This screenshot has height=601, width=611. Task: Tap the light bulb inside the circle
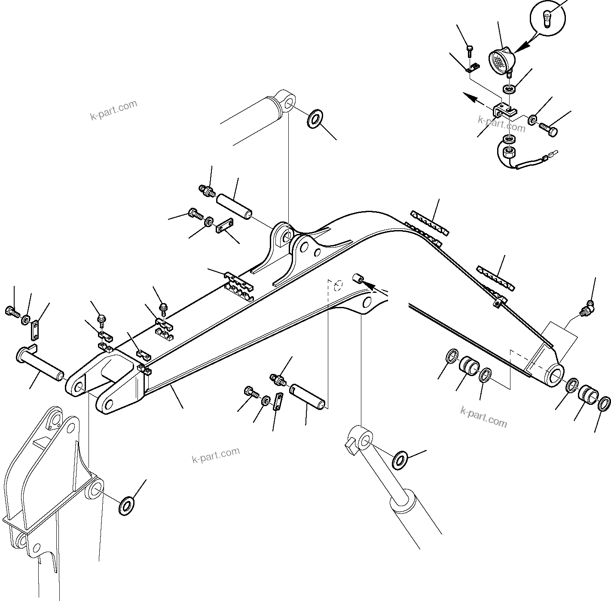tap(547, 20)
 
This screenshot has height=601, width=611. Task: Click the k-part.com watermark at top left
tap(113, 110)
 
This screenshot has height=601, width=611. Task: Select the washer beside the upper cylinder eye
tap(315, 118)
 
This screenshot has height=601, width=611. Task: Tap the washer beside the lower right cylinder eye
tap(401, 460)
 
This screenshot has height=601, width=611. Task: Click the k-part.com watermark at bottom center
tap(216, 455)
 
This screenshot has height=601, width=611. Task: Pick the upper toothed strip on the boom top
tap(429, 222)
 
